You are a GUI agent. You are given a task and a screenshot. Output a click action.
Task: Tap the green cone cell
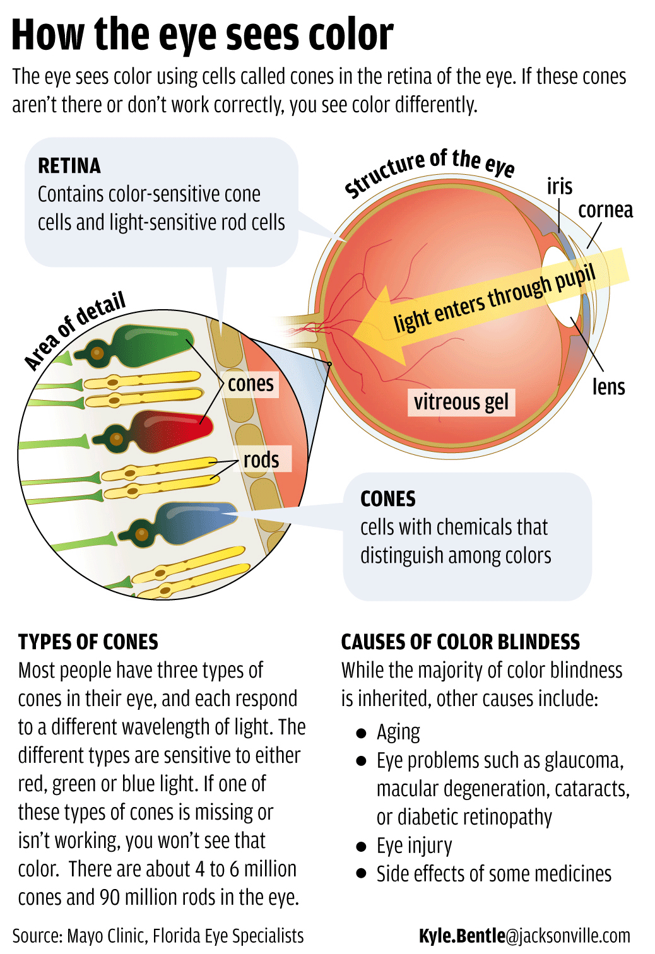coord(155,343)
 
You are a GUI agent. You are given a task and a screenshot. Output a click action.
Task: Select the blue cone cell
coord(189,520)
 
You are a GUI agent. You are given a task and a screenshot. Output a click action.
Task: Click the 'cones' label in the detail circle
coord(251,384)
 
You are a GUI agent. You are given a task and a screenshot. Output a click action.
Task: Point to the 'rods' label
coord(261,460)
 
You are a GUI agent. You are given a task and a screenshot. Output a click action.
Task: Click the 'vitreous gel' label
coord(461,402)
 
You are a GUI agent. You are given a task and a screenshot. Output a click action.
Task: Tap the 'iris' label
coord(559,187)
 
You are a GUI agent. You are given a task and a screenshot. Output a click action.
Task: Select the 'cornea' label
coord(605,210)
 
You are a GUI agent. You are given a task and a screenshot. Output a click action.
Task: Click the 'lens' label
coord(608,387)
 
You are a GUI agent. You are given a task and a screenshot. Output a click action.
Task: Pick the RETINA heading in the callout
coord(69,166)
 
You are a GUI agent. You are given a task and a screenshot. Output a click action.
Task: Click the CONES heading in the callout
coord(387,499)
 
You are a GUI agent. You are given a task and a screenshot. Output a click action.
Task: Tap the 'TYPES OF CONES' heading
coord(88,642)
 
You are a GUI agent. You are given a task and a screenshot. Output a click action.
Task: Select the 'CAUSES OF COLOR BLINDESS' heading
coord(460,642)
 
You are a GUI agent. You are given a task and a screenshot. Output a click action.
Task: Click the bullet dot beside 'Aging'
coord(362,733)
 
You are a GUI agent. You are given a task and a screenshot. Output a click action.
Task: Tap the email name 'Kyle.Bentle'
coord(462,936)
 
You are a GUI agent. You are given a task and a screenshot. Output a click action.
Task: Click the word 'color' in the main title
coord(351,35)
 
